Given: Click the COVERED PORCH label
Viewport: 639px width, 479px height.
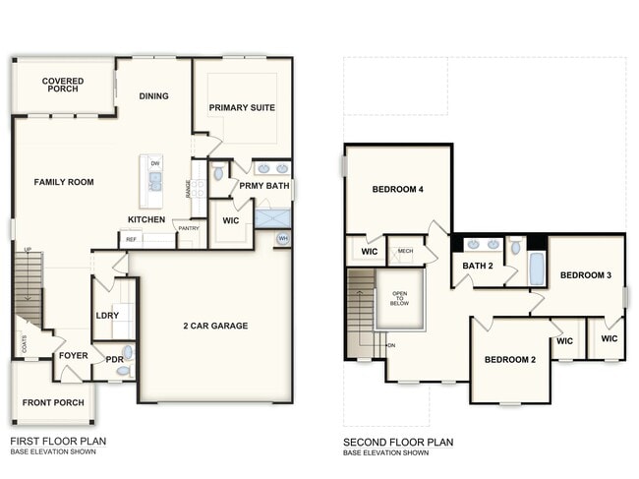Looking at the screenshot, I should coord(63,85).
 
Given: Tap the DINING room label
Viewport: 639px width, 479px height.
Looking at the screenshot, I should coord(153,96).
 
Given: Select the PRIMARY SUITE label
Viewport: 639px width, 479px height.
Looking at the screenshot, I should coord(242,107).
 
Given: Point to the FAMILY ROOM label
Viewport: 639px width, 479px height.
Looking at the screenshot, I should coord(64,182).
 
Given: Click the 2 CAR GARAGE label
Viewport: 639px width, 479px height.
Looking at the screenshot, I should coord(215,326).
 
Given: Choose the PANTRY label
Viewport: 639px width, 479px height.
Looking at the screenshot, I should coord(188,227).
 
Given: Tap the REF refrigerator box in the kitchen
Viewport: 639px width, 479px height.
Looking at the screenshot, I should coord(130,239).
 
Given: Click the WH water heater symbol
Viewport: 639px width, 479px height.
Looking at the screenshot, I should coord(283,238).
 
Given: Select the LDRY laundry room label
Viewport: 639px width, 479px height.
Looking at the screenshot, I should coord(107,316).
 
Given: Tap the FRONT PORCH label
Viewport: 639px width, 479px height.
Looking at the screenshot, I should coord(51,403).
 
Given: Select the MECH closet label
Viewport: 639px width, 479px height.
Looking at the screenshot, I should coord(405,252).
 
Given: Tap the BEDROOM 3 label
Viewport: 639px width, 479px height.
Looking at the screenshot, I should coord(586,275).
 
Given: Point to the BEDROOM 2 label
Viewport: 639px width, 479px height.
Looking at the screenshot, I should coord(510,360).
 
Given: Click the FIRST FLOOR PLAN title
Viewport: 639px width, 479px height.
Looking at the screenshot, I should coord(58,442).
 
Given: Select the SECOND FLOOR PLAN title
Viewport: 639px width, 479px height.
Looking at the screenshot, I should coord(398,443).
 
